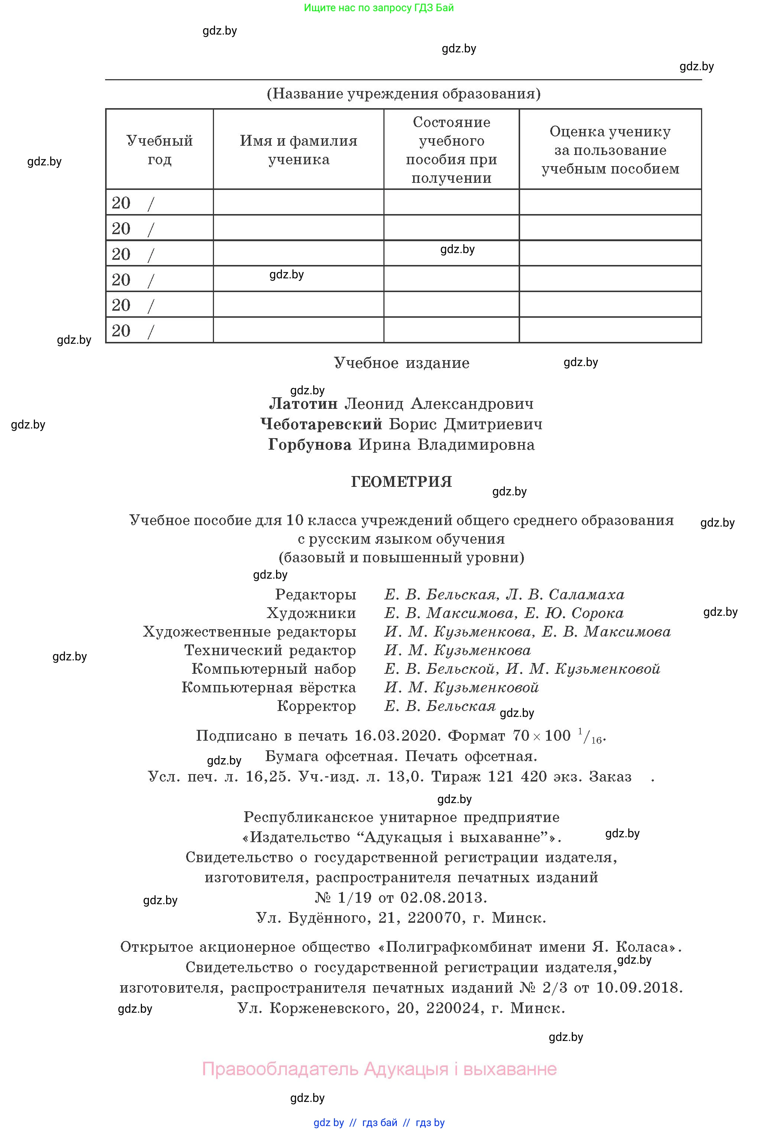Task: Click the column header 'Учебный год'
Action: pyautogui.click(x=159, y=150)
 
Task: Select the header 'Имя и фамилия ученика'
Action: pyautogui.click(x=298, y=150)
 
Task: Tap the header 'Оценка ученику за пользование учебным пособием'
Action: pyautogui.click(x=610, y=150)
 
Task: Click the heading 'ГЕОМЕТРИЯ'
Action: pyautogui.click(x=401, y=482)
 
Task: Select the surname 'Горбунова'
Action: pyautogui.click(x=310, y=444)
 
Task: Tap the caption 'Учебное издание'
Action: pyautogui.click(x=401, y=363)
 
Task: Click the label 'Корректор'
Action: pyautogui.click(x=316, y=706)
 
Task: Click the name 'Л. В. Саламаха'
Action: pyautogui.click(x=565, y=594)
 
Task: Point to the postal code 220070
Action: pyautogui.click(x=434, y=918)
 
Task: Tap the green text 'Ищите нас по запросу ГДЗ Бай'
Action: pyautogui.click(x=379, y=8)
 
